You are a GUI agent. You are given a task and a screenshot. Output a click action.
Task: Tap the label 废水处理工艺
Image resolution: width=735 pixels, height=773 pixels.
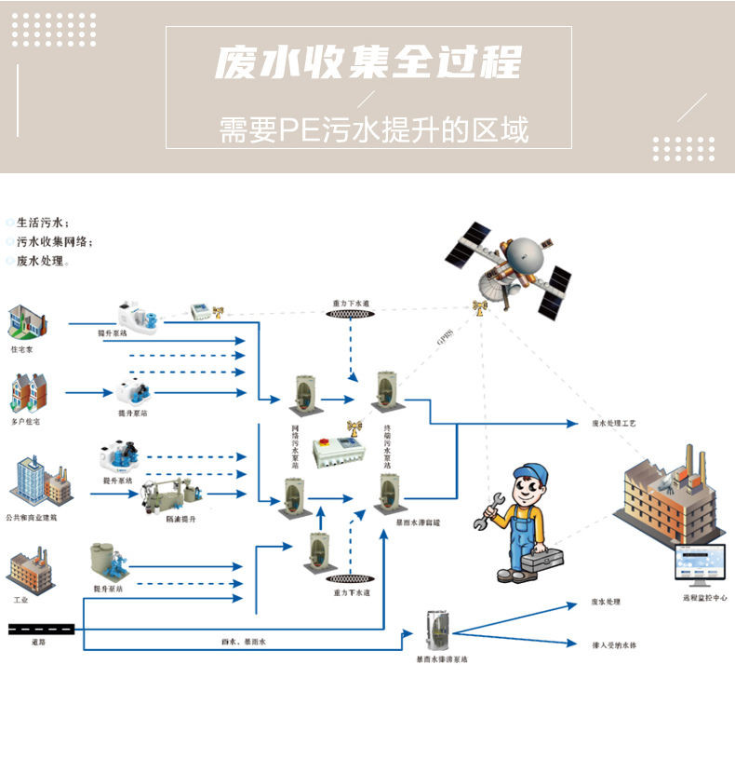[613, 423]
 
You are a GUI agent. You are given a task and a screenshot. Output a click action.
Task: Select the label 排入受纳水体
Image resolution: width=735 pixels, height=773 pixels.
[615, 644]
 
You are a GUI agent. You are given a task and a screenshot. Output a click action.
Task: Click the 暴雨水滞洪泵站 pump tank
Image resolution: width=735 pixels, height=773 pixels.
[434, 631]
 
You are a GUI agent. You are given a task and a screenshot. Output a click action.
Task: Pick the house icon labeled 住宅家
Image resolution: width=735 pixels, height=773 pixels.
[27, 322]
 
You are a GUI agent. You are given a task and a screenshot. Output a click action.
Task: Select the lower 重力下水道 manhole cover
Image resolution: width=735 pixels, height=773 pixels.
[352, 578]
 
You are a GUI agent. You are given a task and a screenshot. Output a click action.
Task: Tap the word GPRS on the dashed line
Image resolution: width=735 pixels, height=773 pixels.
[446, 338]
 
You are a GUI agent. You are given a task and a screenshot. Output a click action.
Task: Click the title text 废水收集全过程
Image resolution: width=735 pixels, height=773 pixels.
[367, 63]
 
